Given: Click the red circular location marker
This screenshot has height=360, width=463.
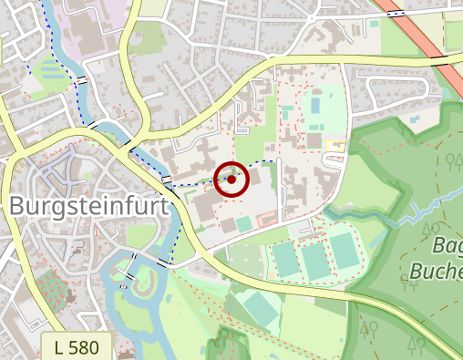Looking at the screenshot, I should point(231,179).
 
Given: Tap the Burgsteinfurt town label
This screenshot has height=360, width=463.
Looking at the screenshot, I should point(89,207).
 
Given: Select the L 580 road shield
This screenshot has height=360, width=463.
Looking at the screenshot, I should point(77,346).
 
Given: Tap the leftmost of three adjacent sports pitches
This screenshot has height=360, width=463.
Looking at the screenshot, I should point(286,261).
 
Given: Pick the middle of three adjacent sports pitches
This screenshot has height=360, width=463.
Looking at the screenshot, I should point(314,261).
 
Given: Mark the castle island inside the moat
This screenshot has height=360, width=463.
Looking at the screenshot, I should point(143,288).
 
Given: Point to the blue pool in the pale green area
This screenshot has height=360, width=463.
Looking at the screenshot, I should point(246,223).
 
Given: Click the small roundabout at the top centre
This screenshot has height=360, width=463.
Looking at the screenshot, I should point(312,16).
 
